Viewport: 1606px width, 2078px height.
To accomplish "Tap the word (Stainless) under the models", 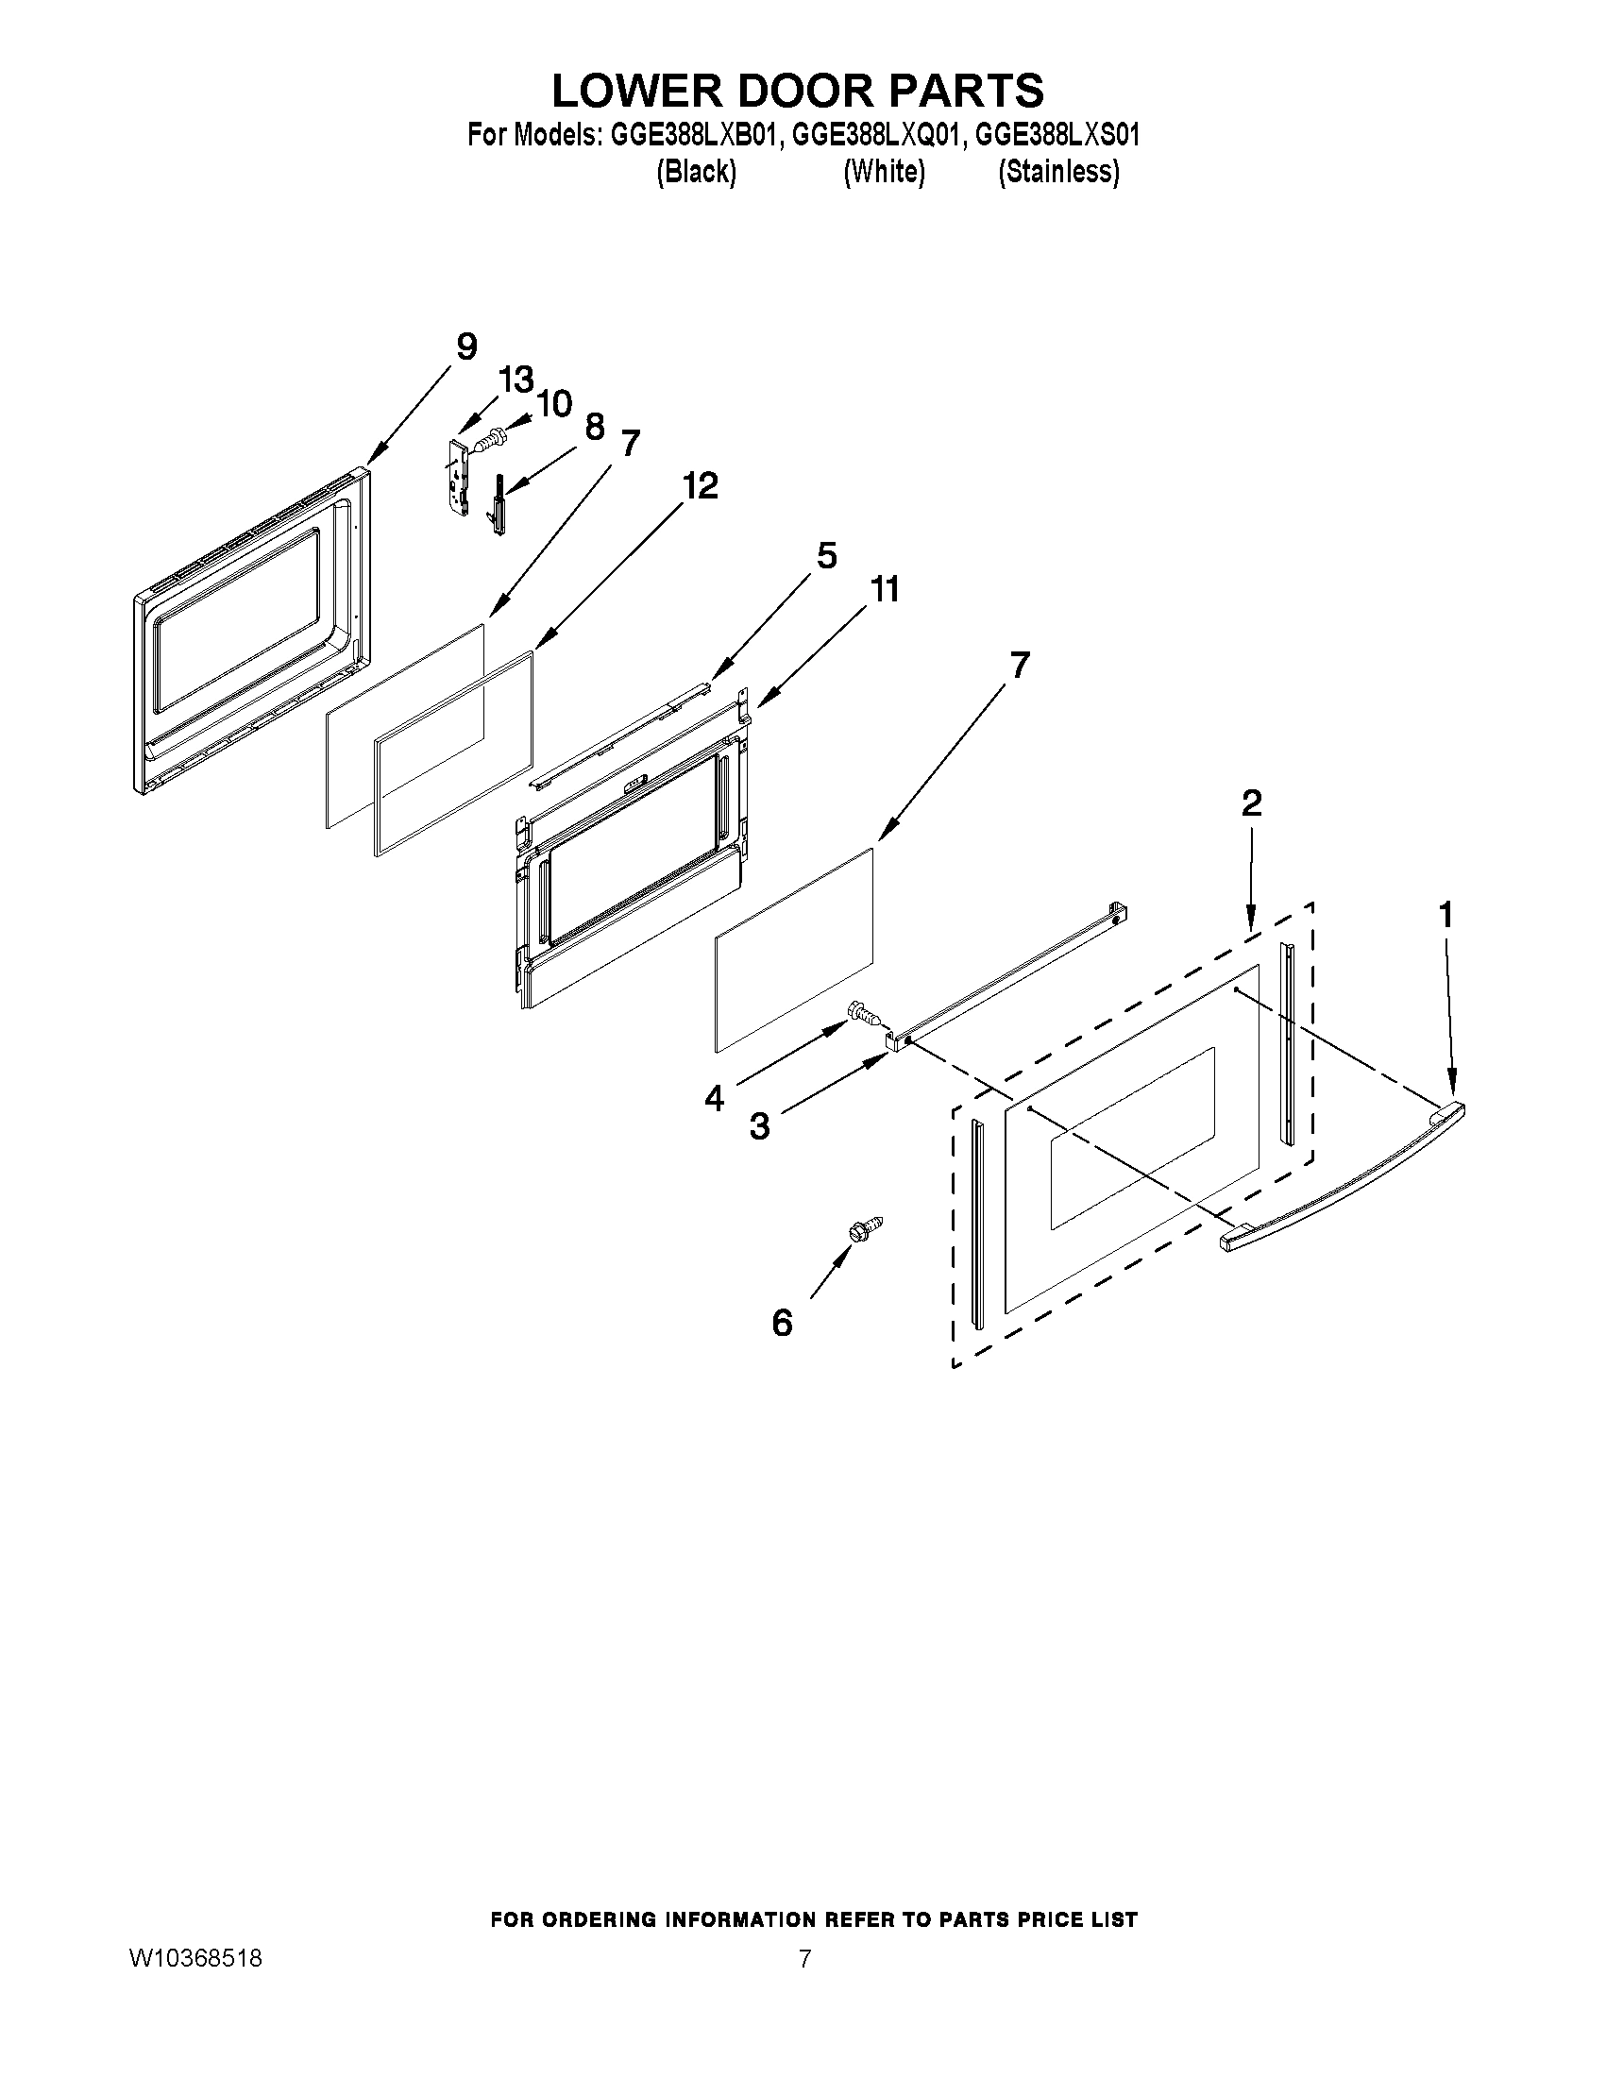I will point(1058,171).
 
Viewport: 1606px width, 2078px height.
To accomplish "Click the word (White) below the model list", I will point(884,171).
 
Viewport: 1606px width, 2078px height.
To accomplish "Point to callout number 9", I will point(466,346).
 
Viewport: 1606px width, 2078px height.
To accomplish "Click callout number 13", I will point(516,380).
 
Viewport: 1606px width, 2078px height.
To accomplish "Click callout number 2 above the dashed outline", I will point(1251,802).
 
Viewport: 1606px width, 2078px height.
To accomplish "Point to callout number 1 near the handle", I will point(1445,915).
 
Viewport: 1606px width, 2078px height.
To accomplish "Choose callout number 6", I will point(782,1322).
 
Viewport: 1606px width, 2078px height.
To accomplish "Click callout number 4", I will point(715,1098).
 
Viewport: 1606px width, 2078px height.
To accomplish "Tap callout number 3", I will point(759,1126).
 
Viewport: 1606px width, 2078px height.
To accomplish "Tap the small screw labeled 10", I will point(489,440).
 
